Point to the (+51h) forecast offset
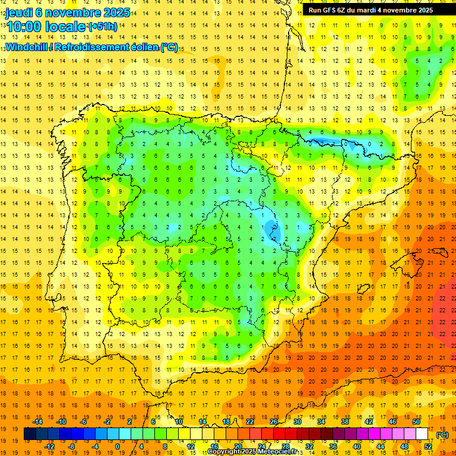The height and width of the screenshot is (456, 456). pyautogui.click(x=102, y=27)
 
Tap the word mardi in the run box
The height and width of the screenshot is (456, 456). pyautogui.click(x=373, y=10)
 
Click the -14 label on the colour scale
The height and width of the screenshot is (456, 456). pyautogui.click(x=39, y=422)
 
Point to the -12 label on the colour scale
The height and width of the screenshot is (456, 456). pyautogui.click(x=49, y=446)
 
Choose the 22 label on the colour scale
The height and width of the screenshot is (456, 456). pyautogui.click(x=250, y=422)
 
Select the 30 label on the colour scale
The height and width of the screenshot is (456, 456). pyautogui.click(x=297, y=422)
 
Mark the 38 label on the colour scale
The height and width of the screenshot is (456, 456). pyautogui.click(x=345, y=422)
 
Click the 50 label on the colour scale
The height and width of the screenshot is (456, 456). pyautogui.click(x=416, y=422)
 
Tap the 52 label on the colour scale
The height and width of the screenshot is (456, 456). pyautogui.click(x=428, y=446)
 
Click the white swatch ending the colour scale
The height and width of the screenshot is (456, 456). pyautogui.click(x=422, y=434)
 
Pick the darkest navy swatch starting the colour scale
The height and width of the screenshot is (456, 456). pyautogui.click(x=30, y=434)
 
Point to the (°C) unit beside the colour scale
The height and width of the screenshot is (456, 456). pyautogui.click(x=442, y=435)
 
